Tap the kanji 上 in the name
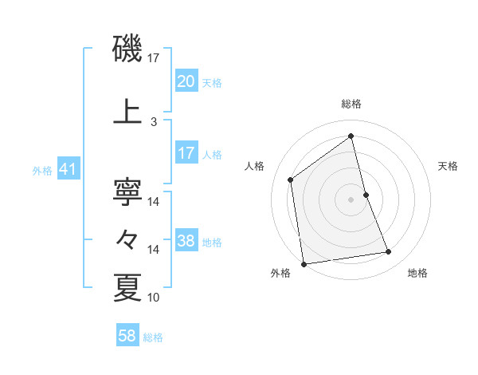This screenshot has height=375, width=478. pyautogui.click(x=128, y=112)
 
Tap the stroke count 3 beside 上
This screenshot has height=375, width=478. pyautogui.click(x=154, y=122)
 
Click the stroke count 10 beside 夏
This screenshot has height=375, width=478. pyautogui.click(x=154, y=298)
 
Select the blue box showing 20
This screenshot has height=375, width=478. pyautogui.click(x=186, y=81)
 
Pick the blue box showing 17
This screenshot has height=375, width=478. pyautogui.click(x=186, y=153)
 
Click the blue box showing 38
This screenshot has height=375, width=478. pyautogui.click(x=186, y=241)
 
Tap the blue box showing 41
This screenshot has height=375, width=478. pyautogui.click(x=68, y=169)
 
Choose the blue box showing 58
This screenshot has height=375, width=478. pyautogui.click(x=127, y=337)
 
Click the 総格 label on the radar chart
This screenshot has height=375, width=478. pyautogui.click(x=351, y=104)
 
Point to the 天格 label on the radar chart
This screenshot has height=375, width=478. pyautogui.click(x=449, y=166)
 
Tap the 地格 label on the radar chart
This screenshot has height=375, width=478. pyautogui.click(x=417, y=273)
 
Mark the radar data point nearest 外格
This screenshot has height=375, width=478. pyautogui.click(x=304, y=263)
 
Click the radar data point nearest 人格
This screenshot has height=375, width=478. pyautogui.click(x=291, y=180)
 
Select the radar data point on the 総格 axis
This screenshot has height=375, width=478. pyautogui.click(x=351, y=136)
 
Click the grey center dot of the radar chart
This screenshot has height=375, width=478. pyautogui.click(x=351, y=199)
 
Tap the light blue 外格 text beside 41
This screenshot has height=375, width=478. pyautogui.click(x=41, y=170)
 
